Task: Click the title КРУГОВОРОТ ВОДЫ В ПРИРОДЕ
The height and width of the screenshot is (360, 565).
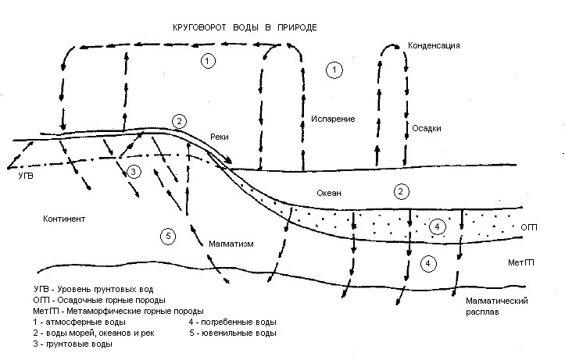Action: [245, 27]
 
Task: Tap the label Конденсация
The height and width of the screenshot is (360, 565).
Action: [434, 46]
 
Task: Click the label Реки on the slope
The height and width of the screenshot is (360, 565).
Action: [220, 136]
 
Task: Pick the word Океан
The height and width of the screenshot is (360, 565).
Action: [331, 192]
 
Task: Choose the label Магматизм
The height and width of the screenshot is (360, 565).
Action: [232, 244]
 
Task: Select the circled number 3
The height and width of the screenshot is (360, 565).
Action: [134, 172]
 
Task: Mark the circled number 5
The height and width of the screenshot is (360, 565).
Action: [168, 236]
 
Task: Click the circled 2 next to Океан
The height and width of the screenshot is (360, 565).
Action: [401, 191]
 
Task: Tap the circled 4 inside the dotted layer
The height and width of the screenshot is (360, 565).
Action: [438, 226]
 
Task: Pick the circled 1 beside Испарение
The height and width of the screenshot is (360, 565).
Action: [334, 70]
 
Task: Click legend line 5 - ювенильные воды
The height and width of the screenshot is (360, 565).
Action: [232, 333]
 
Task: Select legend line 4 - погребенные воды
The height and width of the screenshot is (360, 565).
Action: [232, 322]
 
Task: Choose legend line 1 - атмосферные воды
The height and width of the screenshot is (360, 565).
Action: [80, 322]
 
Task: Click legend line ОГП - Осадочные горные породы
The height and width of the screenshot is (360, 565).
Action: [99, 300]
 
